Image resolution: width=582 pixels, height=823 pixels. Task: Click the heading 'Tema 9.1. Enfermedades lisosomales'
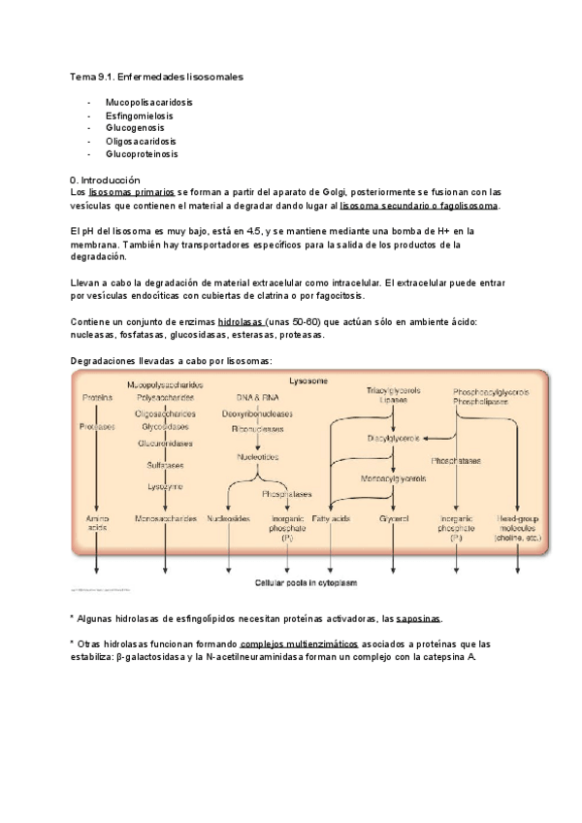[x=156, y=76]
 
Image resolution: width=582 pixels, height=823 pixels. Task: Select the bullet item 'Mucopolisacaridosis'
[x=148, y=102]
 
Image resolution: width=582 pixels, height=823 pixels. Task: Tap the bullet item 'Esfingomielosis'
[x=140, y=115]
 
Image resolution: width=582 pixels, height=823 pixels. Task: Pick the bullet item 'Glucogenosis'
[x=135, y=128]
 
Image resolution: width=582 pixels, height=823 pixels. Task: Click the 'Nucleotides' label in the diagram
[x=257, y=456]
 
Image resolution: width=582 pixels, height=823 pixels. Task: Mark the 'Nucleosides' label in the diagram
[x=229, y=520]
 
